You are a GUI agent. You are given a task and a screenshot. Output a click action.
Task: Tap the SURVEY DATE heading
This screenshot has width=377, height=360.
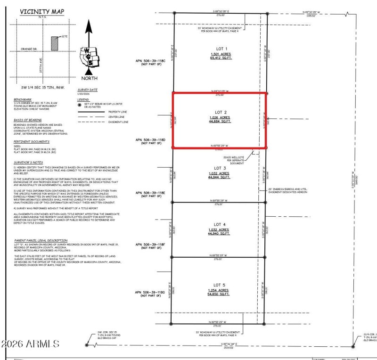point(87,89)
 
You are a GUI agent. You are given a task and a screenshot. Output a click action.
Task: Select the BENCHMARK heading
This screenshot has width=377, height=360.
point(23,99)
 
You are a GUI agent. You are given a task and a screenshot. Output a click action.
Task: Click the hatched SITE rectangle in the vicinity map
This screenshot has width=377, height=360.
point(54,43)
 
